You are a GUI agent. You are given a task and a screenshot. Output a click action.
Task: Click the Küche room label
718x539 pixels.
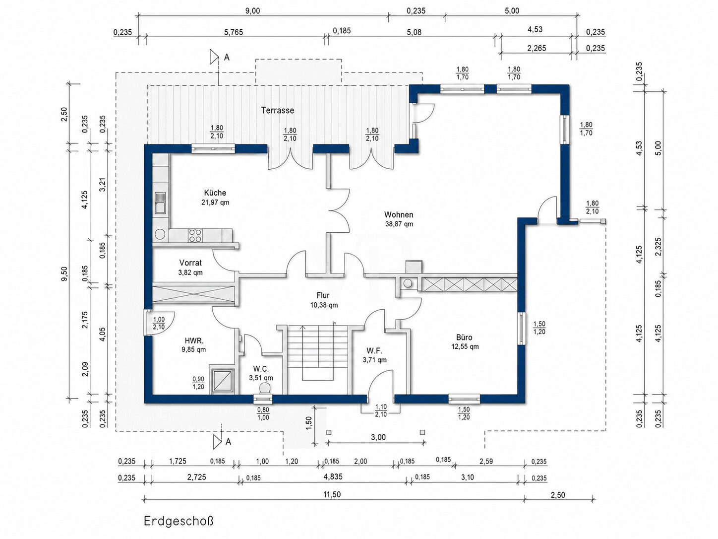coord(215,193)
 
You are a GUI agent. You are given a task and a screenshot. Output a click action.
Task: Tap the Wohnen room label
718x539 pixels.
coord(398,215)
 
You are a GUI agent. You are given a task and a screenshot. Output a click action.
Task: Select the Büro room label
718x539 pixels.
coord(464,337)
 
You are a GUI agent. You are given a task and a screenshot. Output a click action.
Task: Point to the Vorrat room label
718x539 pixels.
coord(190,263)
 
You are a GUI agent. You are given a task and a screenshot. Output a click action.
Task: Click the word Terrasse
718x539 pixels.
coord(277,110)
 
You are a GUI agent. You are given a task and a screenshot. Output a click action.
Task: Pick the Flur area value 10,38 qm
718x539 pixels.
coord(324,305)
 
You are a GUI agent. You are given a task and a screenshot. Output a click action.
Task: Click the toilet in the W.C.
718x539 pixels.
coord(264,389)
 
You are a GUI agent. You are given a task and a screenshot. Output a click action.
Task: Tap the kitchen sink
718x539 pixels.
coord(160,203)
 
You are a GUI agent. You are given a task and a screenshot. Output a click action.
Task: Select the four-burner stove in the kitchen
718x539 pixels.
coord(195,235)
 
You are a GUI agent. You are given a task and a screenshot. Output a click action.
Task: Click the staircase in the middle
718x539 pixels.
coord(318,359)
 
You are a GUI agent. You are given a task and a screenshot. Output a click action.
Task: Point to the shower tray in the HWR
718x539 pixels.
coord(223,380)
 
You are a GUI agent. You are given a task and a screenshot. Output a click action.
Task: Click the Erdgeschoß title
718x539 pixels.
coord(179,521)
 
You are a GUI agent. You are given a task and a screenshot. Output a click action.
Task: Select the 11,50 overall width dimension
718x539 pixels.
coord(332,494)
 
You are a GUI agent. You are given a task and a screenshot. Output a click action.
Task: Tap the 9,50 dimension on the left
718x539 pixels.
coord(65,273)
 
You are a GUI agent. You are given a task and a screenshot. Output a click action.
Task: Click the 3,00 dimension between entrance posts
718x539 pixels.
coord(378,438)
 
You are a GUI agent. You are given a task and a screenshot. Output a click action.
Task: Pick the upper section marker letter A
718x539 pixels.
coord(227,57)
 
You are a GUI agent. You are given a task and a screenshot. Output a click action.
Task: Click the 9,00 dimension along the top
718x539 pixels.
coord(252,11)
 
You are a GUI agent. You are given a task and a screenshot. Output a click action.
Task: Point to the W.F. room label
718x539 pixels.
coord(374,351)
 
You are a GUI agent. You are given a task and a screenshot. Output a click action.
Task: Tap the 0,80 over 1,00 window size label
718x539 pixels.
coord(263,413)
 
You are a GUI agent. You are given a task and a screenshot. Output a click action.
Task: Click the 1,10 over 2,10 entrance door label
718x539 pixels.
coord(381,410)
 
